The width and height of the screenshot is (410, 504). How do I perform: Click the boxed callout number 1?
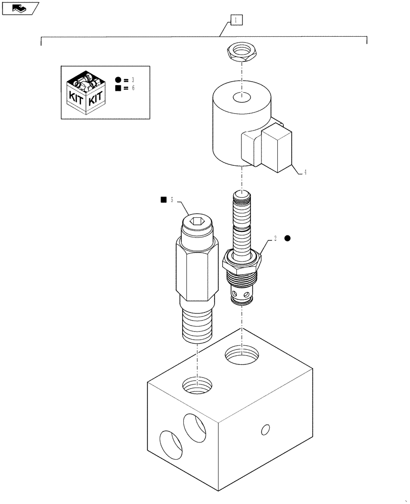236,20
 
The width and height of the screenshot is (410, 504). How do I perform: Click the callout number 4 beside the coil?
305,172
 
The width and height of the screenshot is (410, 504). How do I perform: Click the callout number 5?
172,200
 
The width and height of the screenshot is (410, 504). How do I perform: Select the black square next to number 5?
163,200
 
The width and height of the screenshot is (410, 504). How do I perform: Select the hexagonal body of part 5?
197,272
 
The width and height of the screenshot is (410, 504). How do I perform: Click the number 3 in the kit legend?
133,80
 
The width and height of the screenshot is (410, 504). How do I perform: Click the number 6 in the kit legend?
133,88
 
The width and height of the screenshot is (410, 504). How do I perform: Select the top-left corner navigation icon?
20,8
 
